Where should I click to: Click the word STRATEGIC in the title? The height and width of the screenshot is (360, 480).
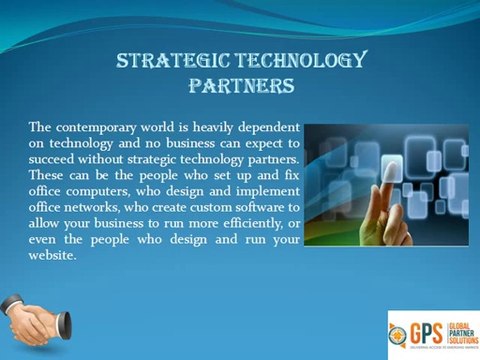point(169,62)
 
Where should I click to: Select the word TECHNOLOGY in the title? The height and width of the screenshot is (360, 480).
point(296,62)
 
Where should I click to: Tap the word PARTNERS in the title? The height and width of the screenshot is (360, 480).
point(241,87)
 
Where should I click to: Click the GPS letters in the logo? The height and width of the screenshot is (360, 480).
point(428,331)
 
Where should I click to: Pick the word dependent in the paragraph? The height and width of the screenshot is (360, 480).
point(265,128)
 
